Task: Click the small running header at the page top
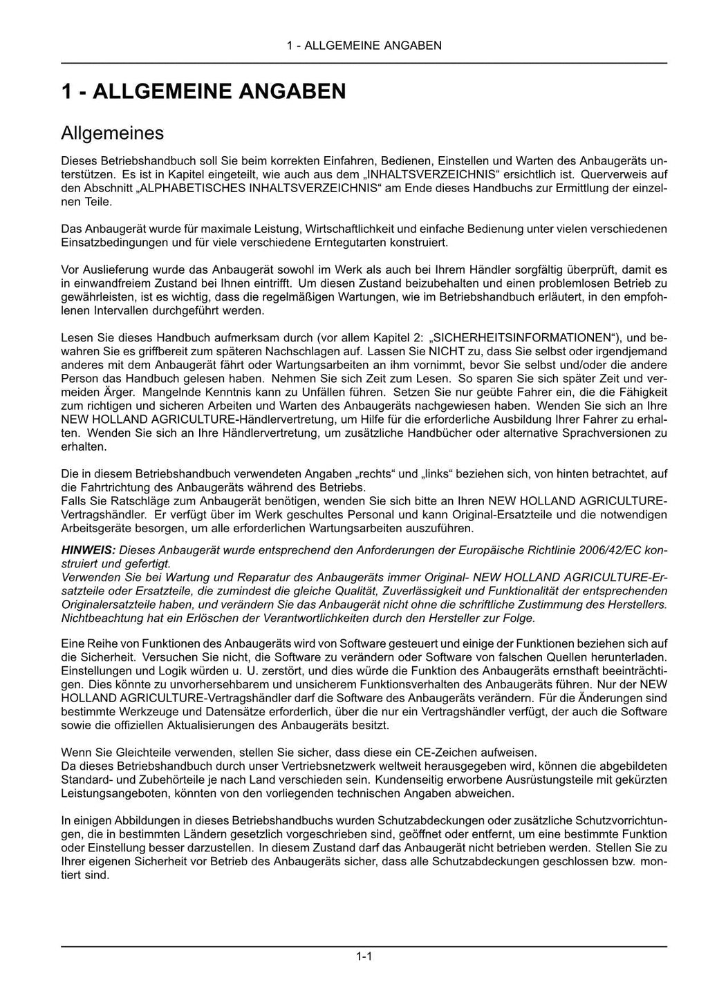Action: point(364,46)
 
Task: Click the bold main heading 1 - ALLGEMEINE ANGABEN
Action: point(203,91)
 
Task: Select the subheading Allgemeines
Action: point(112,132)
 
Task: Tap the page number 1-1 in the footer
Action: point(364,956)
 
